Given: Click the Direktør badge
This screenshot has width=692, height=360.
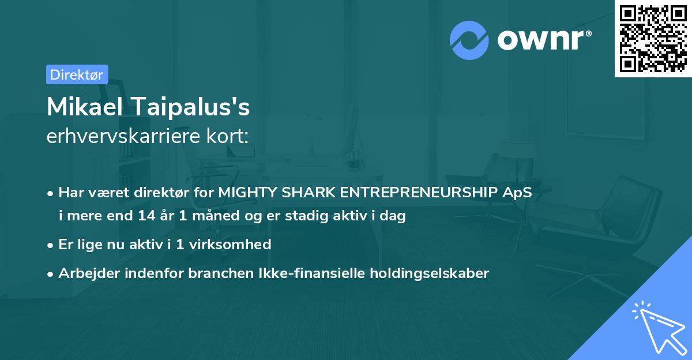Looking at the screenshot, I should [x=77, y=74].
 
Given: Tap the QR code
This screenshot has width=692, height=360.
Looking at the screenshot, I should [x=652, y=38].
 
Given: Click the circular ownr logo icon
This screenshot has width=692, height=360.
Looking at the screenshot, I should [x=469, y=40].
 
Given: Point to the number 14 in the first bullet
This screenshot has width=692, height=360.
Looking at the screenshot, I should [x=145, y=216].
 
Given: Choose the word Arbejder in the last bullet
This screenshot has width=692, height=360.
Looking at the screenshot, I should [x=83, y=273].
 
